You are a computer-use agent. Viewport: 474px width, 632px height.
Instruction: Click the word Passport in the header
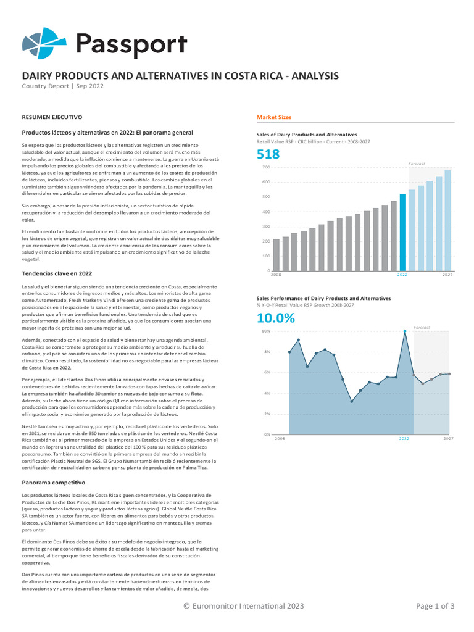pos(131,44)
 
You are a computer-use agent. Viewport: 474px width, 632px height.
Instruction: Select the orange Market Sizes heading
pos(274,117)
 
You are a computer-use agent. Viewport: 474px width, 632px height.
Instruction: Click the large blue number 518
pos(268,154)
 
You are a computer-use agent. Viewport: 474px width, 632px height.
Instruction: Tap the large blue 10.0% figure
pos(276,318)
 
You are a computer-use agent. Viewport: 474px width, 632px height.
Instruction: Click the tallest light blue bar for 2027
pos(448,220)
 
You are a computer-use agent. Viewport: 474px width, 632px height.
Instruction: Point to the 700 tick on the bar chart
pos(266,167)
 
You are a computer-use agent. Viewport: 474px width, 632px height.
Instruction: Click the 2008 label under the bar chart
pos(276,275)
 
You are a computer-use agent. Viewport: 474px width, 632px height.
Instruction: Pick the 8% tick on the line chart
pos(267,352)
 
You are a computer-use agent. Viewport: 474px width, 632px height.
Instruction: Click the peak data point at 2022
pos(405,331)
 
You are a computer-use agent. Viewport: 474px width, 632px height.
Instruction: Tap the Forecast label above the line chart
pos(422,327)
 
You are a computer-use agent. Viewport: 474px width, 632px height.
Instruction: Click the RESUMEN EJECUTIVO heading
pos(52,117)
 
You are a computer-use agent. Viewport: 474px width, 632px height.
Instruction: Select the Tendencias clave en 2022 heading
pos(57,273)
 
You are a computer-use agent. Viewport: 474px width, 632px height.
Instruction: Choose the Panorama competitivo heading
pos(53,482)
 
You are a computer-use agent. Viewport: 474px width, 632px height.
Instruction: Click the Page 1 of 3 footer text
pos(435,606)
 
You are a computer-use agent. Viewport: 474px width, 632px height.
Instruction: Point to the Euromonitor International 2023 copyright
pos(244,606)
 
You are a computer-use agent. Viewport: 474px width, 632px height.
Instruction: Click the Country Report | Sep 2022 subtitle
pos(63,86)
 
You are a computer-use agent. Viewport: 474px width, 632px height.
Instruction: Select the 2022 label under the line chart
pos(404,439)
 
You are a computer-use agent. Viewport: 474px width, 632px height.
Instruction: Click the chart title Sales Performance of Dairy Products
pos(323,298)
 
